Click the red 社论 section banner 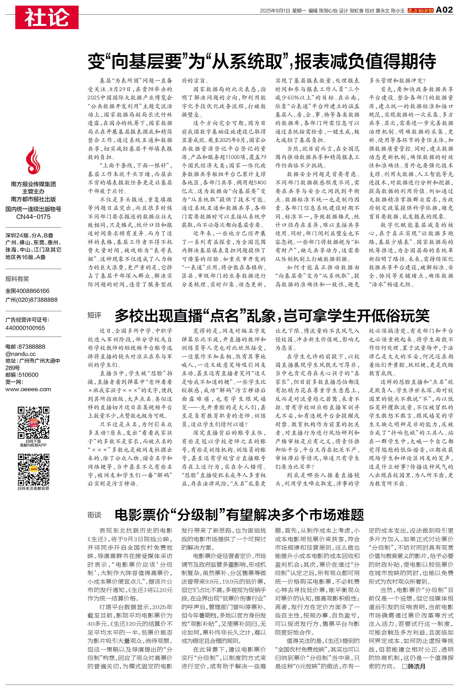pyautogui.click(x=47, y=17)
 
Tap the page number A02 pyautogui.click(x=444, y=10)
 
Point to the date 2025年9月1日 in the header pyautogui.click(x=274, y=11)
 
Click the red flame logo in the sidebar pyautogui.click(x=33, y=160)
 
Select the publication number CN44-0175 pyautogui.click(x=33, y=217)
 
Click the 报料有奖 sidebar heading pyautogui.click(x=17, y=279)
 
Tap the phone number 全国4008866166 pyautogui.click(x=28, y=291)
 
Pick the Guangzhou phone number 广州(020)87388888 pyautogui.click(x=31, y=300)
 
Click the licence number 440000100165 pyautogui.click(x=25, y=328)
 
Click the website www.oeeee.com pyautogui.click(x=28, y=389)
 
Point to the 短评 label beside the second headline pyautogui.click(x=94, y=315)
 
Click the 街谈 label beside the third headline pyautogui.click(x=94, y=515)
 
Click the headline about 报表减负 pyautogui.click(x=262, y=61)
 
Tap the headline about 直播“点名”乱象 pyautogui.click(x=272, y=315)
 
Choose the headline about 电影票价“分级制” pyautogui.click(x=239, y=515)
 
